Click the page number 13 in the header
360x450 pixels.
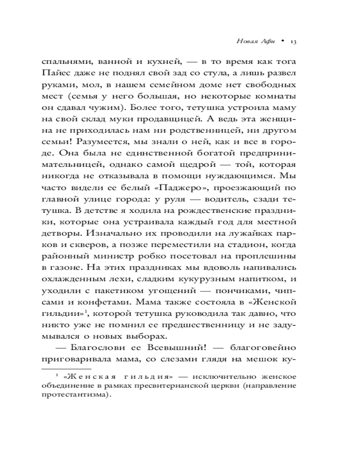292,41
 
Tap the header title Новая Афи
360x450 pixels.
254,41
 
